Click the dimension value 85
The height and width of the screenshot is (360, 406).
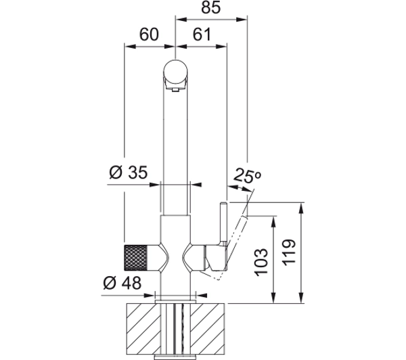coord(210,7)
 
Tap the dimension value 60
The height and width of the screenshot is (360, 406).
coord(149,35)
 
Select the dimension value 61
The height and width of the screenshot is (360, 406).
coord(202,35)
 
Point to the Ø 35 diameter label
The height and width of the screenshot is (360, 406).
coord(128,172)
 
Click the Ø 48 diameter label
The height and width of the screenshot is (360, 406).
coord(122,283)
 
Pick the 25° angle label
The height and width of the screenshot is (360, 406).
coord(247,176)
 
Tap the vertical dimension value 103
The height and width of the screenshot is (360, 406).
coord(261,262)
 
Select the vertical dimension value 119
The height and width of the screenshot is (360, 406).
coord(289,252)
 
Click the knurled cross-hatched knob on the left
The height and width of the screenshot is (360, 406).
coord(136,258)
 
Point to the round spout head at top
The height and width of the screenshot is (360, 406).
coord(175,72)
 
